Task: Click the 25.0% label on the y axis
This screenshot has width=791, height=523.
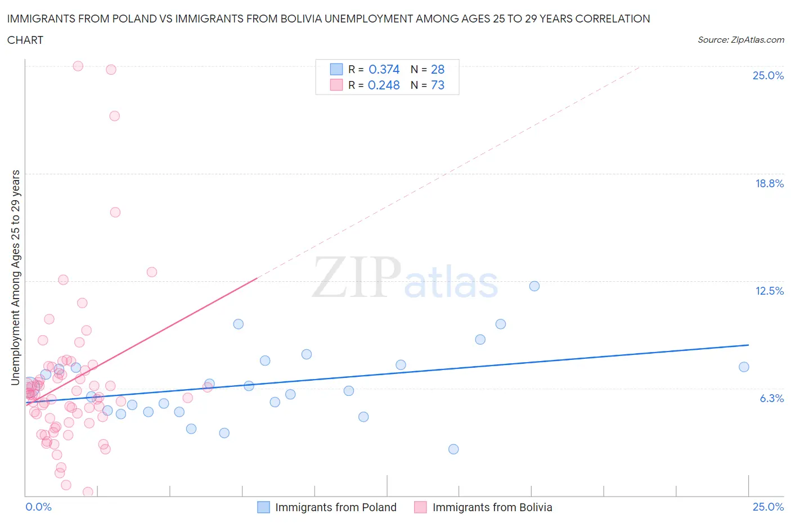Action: click(768, 75)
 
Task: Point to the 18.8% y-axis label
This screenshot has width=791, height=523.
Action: click(769, 183)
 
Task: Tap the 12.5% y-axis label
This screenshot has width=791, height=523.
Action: click(769, 291)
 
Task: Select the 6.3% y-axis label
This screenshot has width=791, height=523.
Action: click(771, 398)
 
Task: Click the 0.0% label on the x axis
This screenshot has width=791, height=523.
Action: click(38, 507)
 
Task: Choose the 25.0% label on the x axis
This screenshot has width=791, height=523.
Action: click(768, 507)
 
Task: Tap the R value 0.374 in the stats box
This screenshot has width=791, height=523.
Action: click(384, 69)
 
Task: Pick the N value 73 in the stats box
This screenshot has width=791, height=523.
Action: click(437, 85)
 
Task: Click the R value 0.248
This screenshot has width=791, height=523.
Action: click(384, 85)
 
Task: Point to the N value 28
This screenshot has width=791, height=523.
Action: click(437, 69)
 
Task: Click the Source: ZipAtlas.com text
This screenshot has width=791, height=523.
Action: click(740, 39)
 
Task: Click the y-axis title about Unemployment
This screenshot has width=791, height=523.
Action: click(16, 277)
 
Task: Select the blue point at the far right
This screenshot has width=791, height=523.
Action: click(744, 367)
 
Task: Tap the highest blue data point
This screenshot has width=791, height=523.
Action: click(534, 286)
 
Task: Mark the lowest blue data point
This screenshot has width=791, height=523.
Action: click(453, 449)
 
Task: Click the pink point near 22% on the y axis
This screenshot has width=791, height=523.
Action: click(114, 116)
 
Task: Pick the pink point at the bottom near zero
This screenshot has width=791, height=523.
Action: click(88, 492)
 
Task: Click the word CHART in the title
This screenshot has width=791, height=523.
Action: click(25, 40)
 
